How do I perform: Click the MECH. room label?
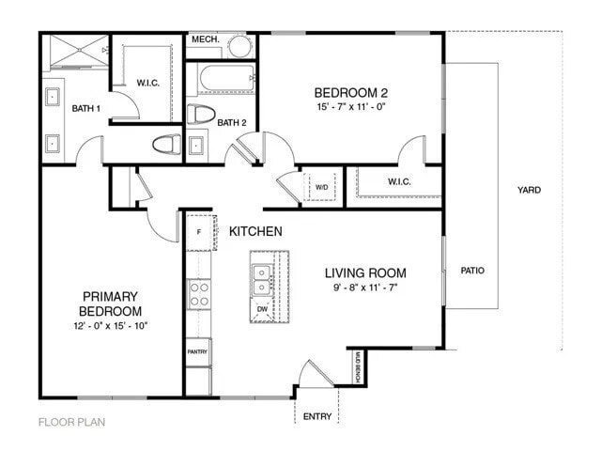(x=205, y=40)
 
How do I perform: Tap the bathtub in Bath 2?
(x=221, y=80)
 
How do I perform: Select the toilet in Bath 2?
(x=198, y=115)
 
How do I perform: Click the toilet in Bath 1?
(x=166, y=144)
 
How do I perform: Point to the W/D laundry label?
(x=321, y=187)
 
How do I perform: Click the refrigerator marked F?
(x=199, y=231)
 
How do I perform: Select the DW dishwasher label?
(x=261, y=309)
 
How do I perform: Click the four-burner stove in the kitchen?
(x=199, y=295)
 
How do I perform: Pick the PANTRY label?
(x=197, y=352)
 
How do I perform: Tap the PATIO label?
(x=472, y=271)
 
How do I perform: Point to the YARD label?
(x=529, y=190)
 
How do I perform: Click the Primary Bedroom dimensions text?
(x=111, y=325)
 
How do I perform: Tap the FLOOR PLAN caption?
(x=71, y=422)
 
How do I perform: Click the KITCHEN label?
(x=255, y=230)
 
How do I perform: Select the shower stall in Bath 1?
(x=75, y=52)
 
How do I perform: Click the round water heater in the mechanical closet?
(x=240, y=47)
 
